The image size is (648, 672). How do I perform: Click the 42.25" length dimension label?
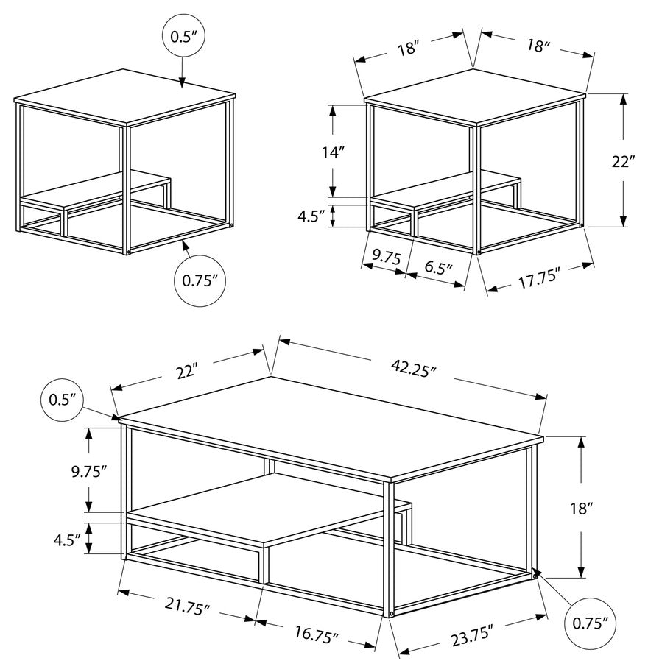pyautogui.click(x=413, y=368)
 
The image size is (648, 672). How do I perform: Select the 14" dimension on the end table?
pyautogui.click(x=334, y=152)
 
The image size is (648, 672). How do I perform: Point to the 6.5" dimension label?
pyautogui.click(x=439, y=268)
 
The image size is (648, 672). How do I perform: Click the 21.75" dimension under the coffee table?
pyautogui.click(x=188, y=606)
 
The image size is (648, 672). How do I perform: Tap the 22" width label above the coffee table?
pyautogui.click(x=187, y=372)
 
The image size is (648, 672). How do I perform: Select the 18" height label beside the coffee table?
pyautogui.click(x=582, y=509)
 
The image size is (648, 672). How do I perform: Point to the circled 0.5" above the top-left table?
pyautogui.click(x=183, y=36)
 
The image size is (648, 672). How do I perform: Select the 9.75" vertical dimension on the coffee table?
pyautogui.click(x=88, y=471)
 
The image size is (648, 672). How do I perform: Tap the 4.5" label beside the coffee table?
pyautogui.click(x=67, y=540)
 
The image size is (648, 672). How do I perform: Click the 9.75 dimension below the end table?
pyautogui.click(x=387, y=257)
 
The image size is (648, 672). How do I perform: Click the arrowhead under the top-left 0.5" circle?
pyautogui.click(x=183, y=83)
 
